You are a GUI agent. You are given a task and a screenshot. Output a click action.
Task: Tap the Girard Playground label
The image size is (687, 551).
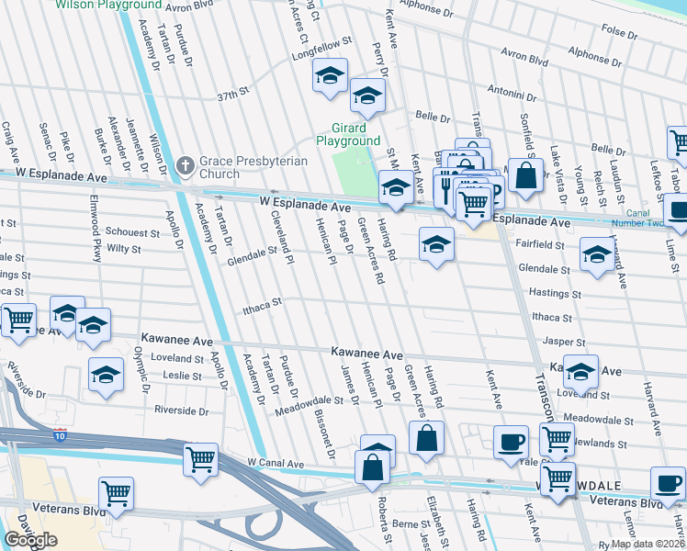[348, 134]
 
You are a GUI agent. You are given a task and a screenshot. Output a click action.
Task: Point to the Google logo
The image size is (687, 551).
[30, 539]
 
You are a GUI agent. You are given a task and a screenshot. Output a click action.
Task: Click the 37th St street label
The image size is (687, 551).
[233, 94]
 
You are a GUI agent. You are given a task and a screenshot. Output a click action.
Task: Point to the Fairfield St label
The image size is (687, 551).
[541, 245]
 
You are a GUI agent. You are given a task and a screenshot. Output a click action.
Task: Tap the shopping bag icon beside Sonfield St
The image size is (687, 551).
[524, 176]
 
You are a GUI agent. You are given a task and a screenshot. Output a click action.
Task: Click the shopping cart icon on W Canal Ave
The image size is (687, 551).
[200, 459]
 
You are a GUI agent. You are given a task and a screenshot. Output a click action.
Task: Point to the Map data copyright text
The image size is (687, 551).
[648, 544]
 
